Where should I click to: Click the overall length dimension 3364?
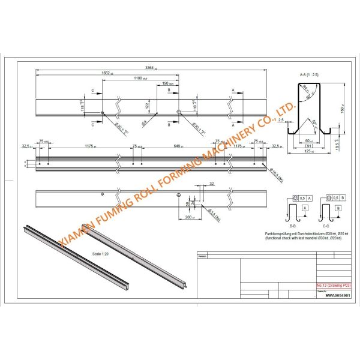[x=143, y=67]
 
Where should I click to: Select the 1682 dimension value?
[x=106, y=73]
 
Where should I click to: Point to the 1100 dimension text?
[x=139, y=78]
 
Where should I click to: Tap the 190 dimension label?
[x=165, y=83]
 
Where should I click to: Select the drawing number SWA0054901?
[x=337, y=295]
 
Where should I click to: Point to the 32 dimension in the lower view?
[x=211, y=183]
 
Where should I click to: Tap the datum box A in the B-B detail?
[x=305, y=206]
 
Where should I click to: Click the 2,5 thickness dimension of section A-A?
[x=280, y=119]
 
